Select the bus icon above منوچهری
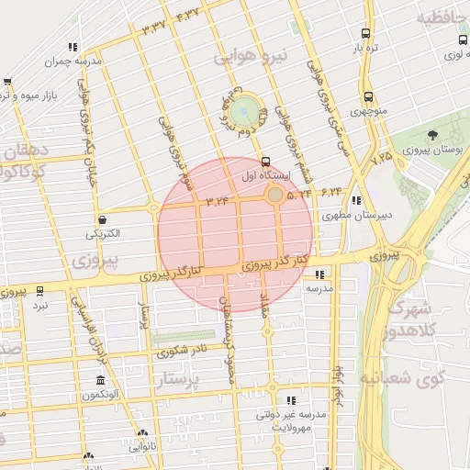(368, 96)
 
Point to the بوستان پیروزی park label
(437, 149)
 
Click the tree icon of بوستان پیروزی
(432, 135)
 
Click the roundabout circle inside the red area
(274, 195)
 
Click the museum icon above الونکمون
(100, 381)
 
